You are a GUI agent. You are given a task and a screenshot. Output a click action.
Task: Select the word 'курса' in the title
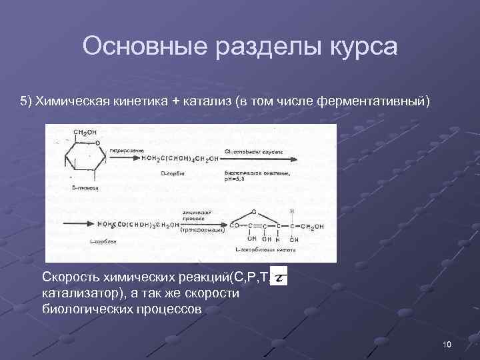click(x=360, y=47)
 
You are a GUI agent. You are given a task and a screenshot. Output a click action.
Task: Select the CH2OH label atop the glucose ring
click(x=85, y=133)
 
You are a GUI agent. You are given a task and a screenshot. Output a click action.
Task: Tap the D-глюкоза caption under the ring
click(x=85, y=188)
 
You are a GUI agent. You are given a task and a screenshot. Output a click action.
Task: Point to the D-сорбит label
click(x=172, y=173)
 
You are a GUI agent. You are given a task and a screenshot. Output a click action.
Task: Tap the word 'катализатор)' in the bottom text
click(x=77, y=293)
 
